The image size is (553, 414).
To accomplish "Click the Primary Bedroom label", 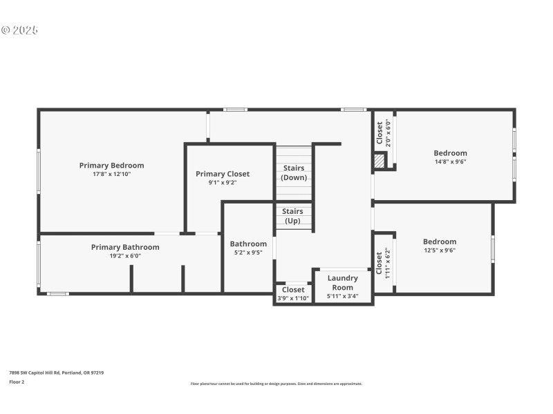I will (111, 166).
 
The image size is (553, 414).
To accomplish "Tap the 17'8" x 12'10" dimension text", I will (111, 175).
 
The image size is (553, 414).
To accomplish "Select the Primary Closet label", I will (223, 174).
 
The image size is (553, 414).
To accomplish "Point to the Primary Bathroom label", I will (125, 247).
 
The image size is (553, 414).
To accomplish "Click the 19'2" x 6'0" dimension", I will (125, 256).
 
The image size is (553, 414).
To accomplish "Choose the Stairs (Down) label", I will (293, 173).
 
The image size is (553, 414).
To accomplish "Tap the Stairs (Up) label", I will (293, 216).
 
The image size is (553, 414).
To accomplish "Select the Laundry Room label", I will (342, 283).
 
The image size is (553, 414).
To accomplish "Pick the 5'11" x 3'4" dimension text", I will (342, 297).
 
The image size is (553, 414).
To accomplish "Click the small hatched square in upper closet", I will (379, 161).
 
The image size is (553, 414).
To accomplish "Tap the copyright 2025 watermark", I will (19, 30).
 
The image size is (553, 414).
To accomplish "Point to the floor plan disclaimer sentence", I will (276, 384).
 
